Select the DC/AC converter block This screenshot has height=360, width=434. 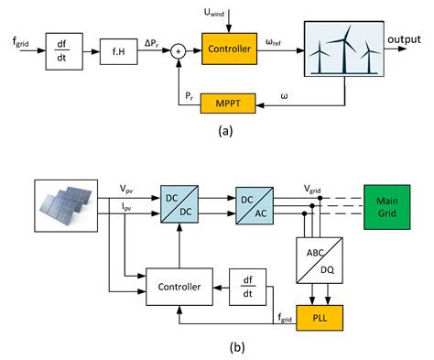tap(255, 202)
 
